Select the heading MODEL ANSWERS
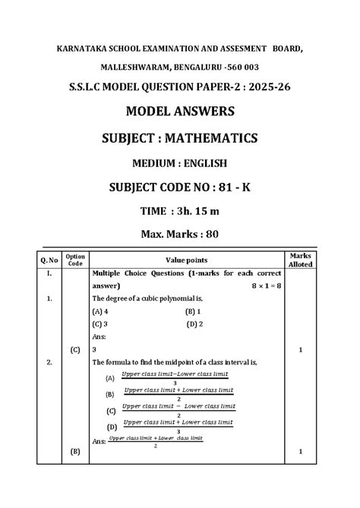coord(180,112)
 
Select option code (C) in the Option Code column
coord(75,349)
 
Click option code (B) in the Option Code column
coord(75,451)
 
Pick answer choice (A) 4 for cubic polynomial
coord(99,311)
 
